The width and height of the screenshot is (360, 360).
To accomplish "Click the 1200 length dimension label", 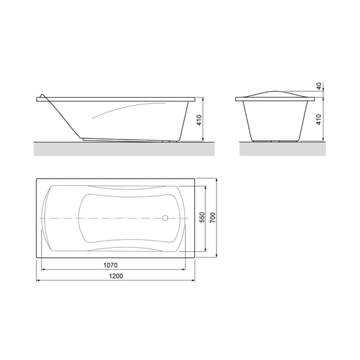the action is pos(116,276).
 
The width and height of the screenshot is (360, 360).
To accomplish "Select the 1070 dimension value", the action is pos(110,265).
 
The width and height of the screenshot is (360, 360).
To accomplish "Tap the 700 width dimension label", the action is pos(213,218).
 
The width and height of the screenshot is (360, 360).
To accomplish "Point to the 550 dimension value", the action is pos(202,217).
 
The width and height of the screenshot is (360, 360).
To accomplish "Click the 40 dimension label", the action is pos(319,86).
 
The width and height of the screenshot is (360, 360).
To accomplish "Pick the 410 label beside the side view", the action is pos(200,120).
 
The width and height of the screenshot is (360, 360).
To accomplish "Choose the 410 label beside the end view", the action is pos(319,119).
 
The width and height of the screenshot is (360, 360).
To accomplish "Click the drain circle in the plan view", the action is pos(165,218).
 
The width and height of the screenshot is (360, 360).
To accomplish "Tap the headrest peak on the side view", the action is pos(42,95).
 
